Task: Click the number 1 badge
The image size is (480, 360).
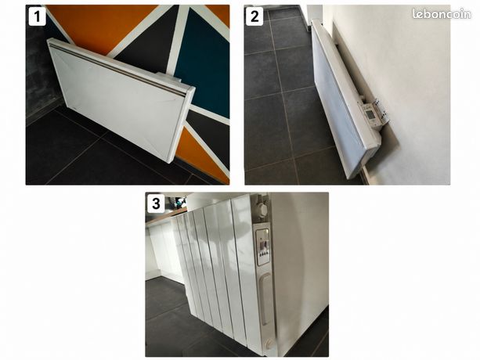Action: click(37, 16)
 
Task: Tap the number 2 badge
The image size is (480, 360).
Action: click(254, 16)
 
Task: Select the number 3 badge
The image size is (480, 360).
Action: click(156, 203)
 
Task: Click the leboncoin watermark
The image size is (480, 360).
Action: click(442, 14)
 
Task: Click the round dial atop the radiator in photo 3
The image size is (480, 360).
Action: click(262, 210)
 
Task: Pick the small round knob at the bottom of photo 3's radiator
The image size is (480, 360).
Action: click(269, 344)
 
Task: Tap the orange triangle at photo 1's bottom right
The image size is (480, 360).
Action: click(202, 156)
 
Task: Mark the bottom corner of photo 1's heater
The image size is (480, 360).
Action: click(168, 163)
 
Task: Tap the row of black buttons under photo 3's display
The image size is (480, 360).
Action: click(264, 253)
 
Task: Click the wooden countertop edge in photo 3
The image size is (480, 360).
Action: click(166, 215)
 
